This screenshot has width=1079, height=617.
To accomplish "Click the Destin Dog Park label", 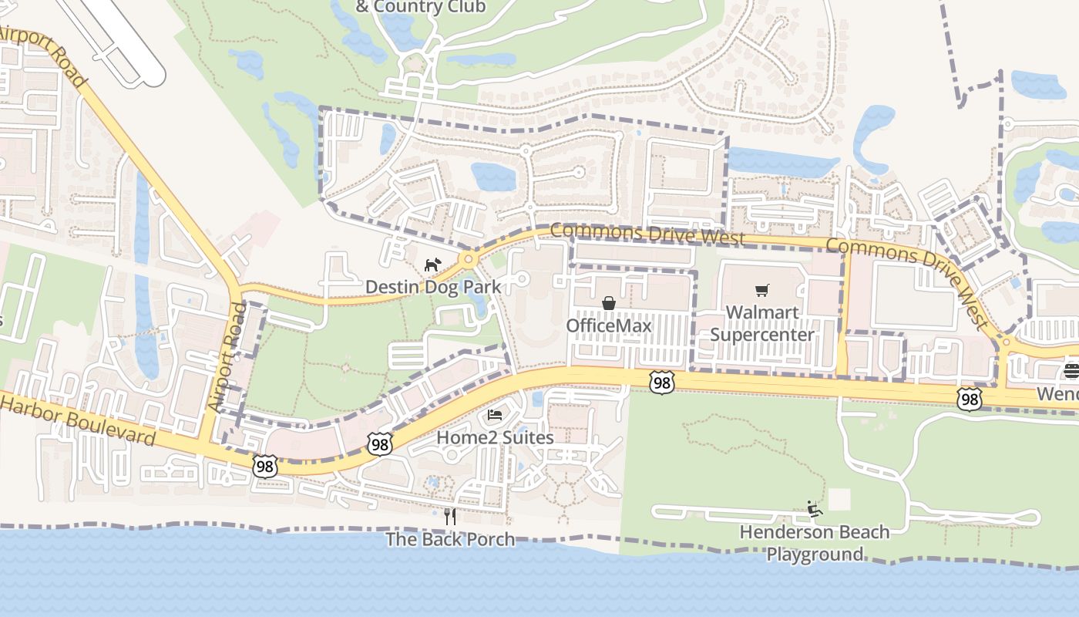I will click(x=432, y=288).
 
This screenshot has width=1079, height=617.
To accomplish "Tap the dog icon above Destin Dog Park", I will click(x=432, y=265).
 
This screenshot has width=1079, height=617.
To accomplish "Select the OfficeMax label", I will click(x=609, y=325).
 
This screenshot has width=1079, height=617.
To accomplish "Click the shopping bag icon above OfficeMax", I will click(x=609, y=303).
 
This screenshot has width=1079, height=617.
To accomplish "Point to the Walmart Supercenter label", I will click(x=761, y=324).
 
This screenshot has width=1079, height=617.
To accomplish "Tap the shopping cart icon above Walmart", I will click(x=762, y=291).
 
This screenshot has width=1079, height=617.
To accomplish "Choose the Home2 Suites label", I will click(x=495, y=437).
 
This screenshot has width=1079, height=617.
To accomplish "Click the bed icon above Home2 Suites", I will click(x=495, y=415).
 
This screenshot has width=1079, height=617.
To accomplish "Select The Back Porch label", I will click(x=450, y=539).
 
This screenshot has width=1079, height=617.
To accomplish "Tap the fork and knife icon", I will click(x=450, y=516).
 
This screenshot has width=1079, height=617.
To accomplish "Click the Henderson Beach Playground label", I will click(x=814, y=543).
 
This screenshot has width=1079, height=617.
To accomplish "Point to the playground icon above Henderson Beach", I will click(x=814, y=509).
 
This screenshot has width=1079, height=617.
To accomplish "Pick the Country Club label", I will click(x=420, y=7).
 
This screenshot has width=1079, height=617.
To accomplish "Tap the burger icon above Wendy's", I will click(x=1071, y=371).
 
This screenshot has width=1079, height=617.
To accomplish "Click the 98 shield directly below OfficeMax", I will click(x=661, y=382).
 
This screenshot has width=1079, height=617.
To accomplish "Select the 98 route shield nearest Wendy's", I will click(x=969, y=399).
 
